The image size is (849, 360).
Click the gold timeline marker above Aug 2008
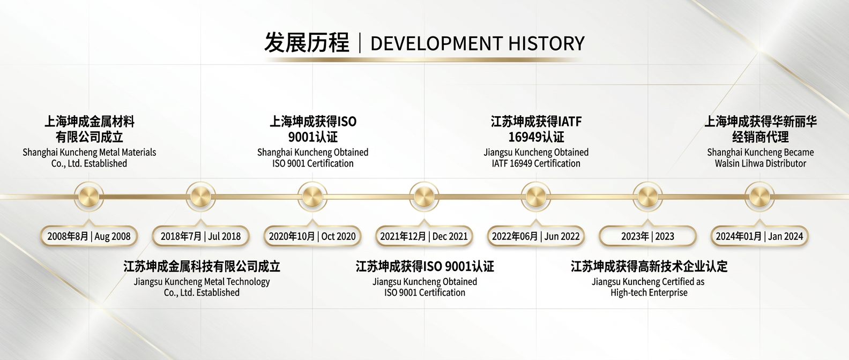[89, 197]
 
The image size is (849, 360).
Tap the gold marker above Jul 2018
[200, 197]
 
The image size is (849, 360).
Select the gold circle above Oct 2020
[312, 197]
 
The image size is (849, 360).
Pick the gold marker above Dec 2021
[424, 197]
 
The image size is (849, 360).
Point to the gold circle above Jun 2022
[535, 197]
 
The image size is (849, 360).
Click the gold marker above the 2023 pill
[647, 197]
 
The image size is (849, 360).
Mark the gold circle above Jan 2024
[759, 197]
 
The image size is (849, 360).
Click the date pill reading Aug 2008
[89, 236]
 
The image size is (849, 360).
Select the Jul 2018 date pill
[200, 236]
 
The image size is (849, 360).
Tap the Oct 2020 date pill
[312, 236]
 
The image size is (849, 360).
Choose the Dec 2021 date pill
[424, 236]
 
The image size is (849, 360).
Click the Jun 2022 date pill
[535, 236]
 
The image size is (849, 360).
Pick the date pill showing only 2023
[647, 236]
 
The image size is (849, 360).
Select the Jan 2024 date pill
[759, 236]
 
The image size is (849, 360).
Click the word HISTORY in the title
[546, 43]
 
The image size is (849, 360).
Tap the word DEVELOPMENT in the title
[436, 43]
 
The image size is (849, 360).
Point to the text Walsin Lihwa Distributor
[760, 164]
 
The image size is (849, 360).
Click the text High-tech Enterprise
[649, 293]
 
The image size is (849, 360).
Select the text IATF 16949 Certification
[536, 164]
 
